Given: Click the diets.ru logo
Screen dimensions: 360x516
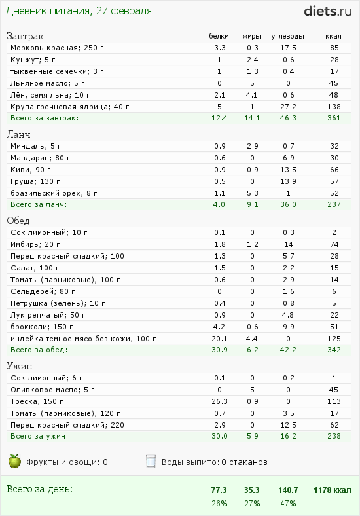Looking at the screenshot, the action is (328, 11).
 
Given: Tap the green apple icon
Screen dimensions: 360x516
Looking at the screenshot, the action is (14, 461).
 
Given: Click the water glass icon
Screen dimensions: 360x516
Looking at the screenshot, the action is (151, 462).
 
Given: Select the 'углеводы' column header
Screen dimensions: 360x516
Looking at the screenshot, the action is (287, 36).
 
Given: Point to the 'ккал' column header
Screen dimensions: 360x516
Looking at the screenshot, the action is (333, 36).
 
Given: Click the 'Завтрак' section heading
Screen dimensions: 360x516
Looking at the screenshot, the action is (25, 36).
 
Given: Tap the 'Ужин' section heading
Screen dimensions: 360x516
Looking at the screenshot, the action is (20, 366).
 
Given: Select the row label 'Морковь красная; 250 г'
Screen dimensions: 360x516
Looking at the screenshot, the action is (57, 48).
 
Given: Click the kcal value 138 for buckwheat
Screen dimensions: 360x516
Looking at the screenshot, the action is (334, 107).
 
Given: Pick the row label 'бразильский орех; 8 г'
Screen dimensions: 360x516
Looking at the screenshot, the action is (54, 193).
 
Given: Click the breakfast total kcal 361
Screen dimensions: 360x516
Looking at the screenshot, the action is (334, 118).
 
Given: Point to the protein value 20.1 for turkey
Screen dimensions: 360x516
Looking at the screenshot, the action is (219, 339).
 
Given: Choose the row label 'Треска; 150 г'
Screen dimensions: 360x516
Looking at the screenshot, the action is (37, 401).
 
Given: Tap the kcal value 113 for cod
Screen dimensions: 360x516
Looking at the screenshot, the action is (334, 401).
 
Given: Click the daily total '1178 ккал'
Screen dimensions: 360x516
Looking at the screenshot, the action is (333, 490).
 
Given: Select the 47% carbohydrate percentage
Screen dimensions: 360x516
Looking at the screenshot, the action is (288, 504).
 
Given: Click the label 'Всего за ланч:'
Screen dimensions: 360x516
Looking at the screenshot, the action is (39, 204).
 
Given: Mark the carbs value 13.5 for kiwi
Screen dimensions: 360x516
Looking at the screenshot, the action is (288, 170).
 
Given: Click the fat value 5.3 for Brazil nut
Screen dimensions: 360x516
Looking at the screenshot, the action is (253, 193).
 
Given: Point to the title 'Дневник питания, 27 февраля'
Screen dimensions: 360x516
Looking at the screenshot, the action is (79, 11).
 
